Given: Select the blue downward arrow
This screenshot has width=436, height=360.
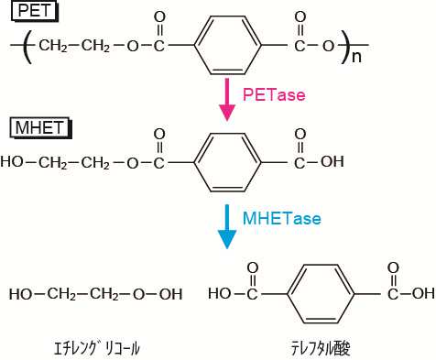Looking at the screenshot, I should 225,224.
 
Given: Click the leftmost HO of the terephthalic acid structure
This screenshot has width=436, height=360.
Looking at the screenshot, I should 220,295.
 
